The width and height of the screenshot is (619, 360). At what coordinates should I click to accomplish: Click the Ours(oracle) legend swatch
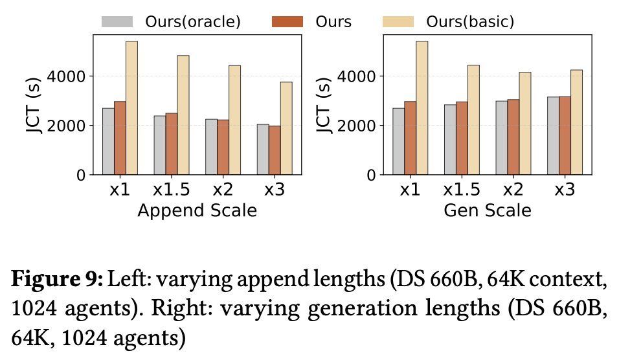117,21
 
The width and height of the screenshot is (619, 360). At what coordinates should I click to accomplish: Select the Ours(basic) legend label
470,21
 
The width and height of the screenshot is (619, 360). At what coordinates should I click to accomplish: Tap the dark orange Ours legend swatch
287,21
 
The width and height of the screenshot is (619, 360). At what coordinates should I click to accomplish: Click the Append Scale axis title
197,211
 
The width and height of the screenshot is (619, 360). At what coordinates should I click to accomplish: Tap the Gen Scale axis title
487,211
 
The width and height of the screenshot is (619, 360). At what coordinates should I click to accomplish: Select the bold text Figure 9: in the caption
57,280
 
